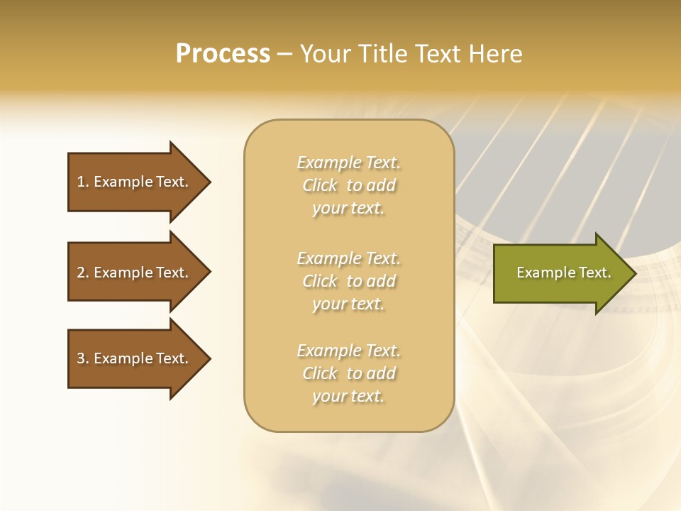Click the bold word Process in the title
coord(223,54)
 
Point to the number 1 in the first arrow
coord(81,182)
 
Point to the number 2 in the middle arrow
coord(81,273)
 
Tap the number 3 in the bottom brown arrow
coord(81,358)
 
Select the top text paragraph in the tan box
coord(348,185)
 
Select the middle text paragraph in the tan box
coord(348,281)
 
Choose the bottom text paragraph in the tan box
coord(348,373)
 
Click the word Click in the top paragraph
coord(320,185)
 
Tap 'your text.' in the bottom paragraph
coord(348,396)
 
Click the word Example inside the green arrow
coord(541,273)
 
